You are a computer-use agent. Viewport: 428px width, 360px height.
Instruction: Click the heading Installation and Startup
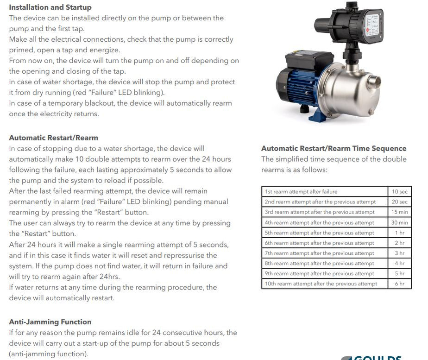click(50, 7)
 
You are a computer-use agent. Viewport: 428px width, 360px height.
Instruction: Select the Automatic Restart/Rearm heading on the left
click(53, 138)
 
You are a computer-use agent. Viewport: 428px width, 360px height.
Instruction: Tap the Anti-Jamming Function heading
click(50, 322)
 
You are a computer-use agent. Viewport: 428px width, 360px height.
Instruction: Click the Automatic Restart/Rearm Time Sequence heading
click(334, 148)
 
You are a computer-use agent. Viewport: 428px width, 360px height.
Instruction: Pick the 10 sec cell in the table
click(400, 191)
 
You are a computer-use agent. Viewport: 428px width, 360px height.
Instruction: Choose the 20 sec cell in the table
click(400, 202)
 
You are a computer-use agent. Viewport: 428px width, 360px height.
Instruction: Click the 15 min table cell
click(400, 212)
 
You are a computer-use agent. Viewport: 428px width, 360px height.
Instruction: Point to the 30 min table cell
click(400, 222)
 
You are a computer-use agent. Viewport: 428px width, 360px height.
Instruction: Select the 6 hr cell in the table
click(400, 284)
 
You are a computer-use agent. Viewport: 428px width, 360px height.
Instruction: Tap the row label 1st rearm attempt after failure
click(301, 191)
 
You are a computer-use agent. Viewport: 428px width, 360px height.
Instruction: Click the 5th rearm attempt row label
click(319, 233)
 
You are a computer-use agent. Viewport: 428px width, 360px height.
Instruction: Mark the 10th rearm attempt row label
click(321, 284)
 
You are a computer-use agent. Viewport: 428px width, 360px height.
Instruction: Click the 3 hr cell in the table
click(400, 253)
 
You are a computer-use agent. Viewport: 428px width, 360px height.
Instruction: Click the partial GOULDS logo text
click(378, 357)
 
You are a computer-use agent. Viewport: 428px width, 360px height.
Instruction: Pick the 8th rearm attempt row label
click(319, 263)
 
